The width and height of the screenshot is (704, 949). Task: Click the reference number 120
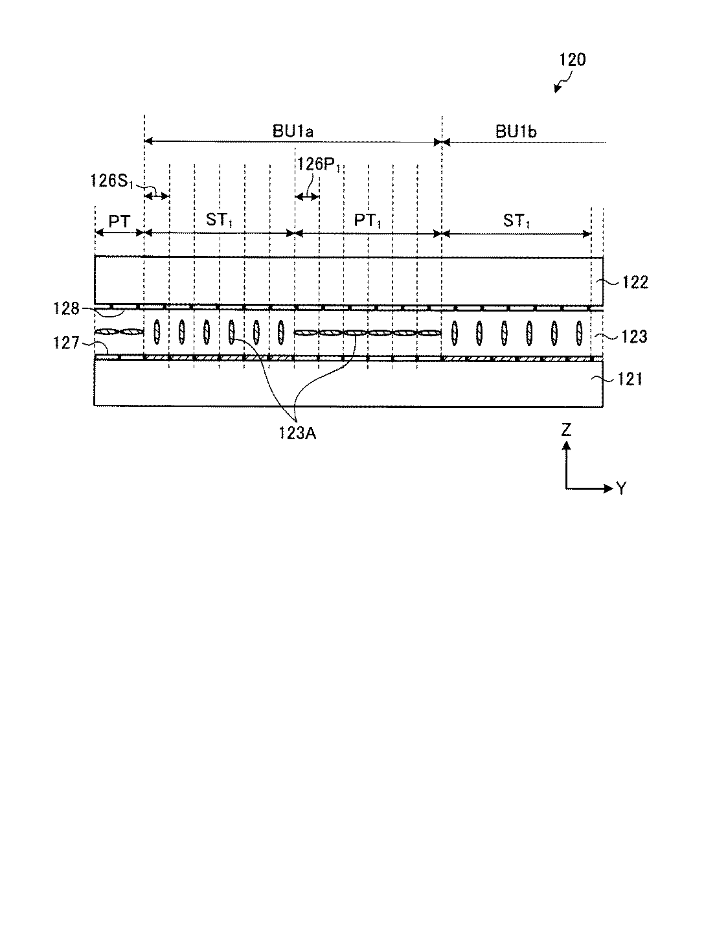[x=572, y=60]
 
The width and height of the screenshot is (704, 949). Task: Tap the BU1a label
[x=293, y=131]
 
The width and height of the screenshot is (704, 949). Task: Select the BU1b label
[x=516, y=131]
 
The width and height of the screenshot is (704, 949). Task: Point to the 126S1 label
[x=111, y=181]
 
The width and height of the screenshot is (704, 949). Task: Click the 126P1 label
[x=319, y=165]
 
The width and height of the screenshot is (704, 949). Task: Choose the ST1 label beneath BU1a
[x=219, y=220]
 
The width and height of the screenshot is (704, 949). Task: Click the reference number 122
[x=634, y=282]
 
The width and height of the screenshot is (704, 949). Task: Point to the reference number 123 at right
[x=634, y=336]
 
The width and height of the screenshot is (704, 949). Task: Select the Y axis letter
[x=621, y=488]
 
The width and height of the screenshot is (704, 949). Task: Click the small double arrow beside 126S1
[x=156, y=195]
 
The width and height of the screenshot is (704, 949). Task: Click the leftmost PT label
[x=119, y=220]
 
